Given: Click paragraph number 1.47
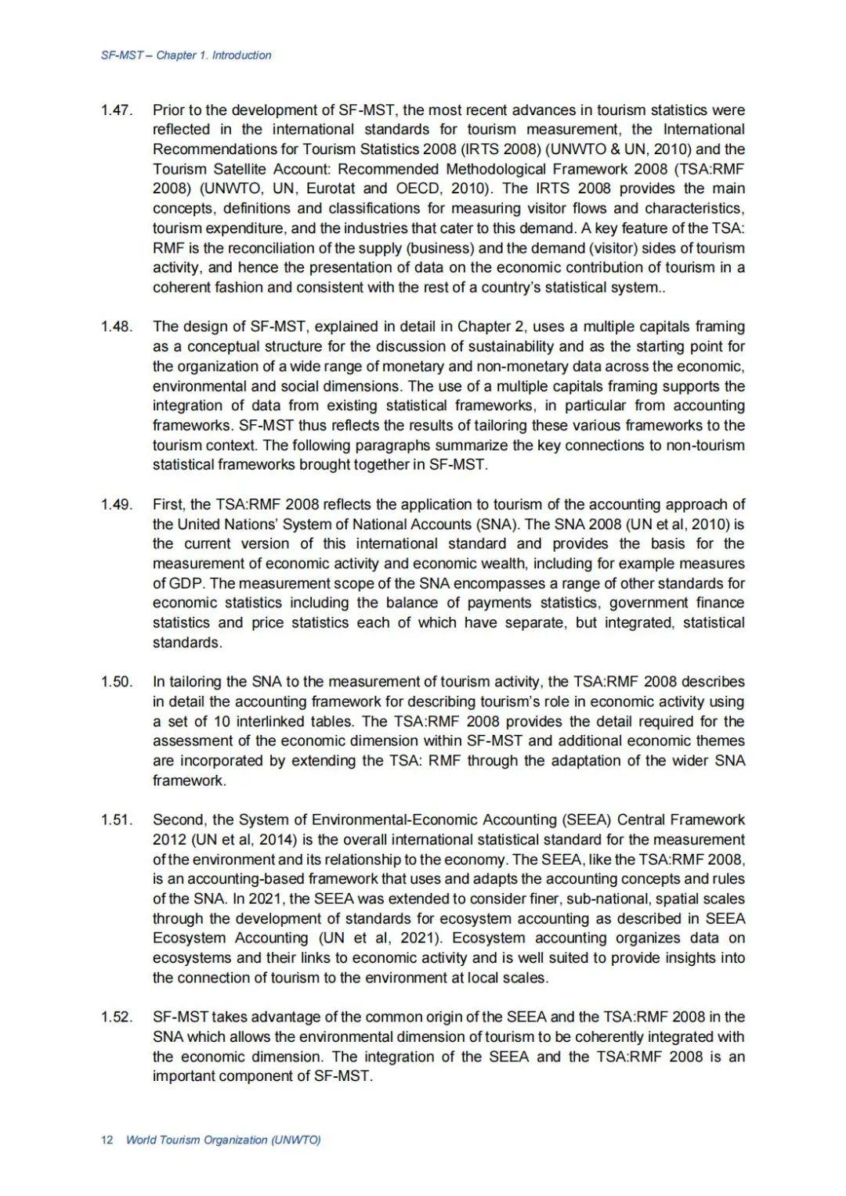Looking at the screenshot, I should [x=116, y=110].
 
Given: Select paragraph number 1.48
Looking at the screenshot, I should [x=116, y=326].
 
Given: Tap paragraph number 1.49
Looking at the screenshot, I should [x=116, y=504].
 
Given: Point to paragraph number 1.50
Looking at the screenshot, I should [x=116, y=682].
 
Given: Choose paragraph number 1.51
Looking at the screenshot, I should [x=116, y=820].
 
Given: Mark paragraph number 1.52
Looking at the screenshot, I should [x=116, y=1017].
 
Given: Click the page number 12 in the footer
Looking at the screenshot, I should [x=107, y=1140].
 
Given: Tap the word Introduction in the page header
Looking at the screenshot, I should [x=242, y=56].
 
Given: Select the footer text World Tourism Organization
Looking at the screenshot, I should [x=197, y=1140].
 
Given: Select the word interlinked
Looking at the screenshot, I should [x=274, y=722].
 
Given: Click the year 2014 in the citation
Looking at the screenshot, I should [x=276, y=840].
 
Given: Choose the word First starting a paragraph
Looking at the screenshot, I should [x=168, y=504].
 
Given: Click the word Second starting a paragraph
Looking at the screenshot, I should [x=179, y=820].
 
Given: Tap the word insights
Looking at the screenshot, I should [x=680, y=958].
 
